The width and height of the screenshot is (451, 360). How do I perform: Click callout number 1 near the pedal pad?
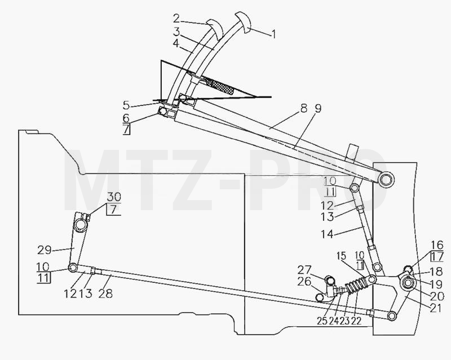(274, 34)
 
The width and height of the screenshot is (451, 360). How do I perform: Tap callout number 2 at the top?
(176, 19)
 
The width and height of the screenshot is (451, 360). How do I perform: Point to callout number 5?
(126, 105)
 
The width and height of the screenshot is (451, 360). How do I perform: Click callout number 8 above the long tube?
(304, 108)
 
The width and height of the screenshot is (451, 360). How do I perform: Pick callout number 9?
(318, 108)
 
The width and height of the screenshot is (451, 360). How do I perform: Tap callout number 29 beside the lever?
(45, 250)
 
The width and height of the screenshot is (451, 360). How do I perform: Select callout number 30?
(114, 197)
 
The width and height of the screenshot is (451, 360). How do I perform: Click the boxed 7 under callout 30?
(114, 210)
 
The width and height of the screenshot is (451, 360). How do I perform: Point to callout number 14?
(327, 234)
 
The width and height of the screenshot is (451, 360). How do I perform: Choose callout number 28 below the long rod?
(105, 294)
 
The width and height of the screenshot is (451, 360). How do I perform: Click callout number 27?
(304, 270)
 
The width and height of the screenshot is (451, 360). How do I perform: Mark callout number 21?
(436, 308)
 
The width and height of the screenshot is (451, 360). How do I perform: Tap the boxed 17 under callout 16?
(437, 256)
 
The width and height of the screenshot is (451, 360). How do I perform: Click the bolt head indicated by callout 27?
(330, 280)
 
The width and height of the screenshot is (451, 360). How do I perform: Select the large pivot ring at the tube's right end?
(386, 179)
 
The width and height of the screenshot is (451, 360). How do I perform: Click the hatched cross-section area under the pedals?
(222, 86)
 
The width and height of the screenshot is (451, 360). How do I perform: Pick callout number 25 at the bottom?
(322, 321)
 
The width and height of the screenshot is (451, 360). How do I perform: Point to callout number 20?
(437, 296)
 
